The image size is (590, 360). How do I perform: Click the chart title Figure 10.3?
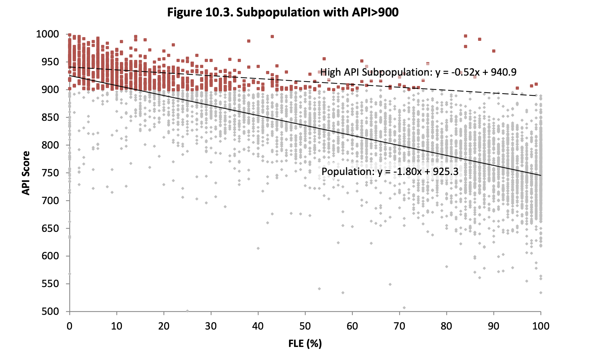tap(283, 12)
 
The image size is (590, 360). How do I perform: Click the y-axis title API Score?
tap(26, 173)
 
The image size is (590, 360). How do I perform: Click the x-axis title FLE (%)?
tap(305, 344)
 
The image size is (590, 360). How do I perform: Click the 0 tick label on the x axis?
tap(70, 326)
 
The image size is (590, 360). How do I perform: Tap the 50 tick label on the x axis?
tap(305, 326)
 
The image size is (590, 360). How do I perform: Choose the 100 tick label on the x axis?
tap(541, 326)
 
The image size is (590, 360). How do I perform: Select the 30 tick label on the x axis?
tap(211, 326)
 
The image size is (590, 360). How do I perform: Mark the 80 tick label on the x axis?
tap(446, 326)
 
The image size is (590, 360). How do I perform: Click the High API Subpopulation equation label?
tap(418, 72)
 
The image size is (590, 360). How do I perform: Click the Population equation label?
tap(390, 172)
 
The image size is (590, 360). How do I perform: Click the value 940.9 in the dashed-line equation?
tap(504, 72)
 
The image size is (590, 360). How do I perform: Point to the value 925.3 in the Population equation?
tap(445, 172)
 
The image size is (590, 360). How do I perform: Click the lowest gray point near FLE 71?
tap(404, 308)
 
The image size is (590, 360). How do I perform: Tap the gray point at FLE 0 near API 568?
tap(70, 274)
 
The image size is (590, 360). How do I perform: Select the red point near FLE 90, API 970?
tap(494, 51)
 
